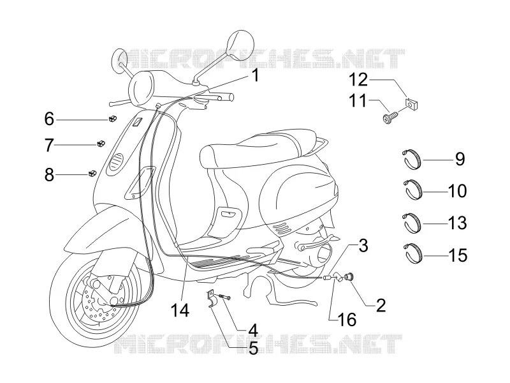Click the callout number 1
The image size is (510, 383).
point(256,75)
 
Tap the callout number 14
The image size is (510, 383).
point(180,310)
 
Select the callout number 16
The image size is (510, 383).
point(347,320)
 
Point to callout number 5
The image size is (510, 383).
point(253,349)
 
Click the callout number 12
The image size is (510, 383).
point(358,80)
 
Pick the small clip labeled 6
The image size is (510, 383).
point(112,119)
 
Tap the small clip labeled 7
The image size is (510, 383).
point(101,143)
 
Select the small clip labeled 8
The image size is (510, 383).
point(92,173)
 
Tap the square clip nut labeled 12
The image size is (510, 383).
point(411,104)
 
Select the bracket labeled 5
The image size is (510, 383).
point(211,298)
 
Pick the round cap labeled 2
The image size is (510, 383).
point(350,277)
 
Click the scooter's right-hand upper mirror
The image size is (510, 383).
point(239,45)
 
